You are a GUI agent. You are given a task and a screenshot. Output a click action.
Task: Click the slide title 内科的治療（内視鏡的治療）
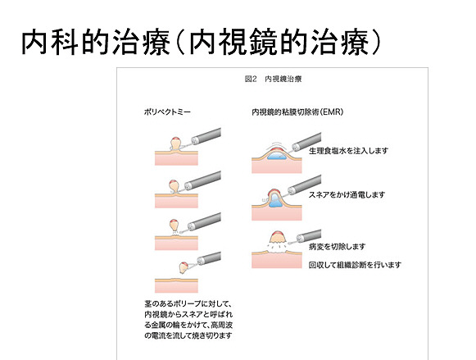click(x=201, y=42)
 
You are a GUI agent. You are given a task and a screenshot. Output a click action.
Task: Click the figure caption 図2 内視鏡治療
click(x=273, y=79)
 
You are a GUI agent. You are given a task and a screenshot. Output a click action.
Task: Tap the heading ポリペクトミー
click(x=167, y=112)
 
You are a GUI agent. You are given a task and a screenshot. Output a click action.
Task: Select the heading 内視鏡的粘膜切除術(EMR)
click(x=297, y=112)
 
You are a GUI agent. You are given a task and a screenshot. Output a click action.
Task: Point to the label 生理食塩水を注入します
click(x=348, y=151)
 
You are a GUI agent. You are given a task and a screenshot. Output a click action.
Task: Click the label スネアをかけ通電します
click(x=347, y=194)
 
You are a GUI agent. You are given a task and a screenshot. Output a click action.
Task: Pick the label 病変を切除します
click(x=337, y=247)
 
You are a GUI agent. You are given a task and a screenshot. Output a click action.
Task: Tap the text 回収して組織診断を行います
click(x=355, y=265)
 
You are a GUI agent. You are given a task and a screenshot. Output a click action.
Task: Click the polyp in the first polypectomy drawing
click(x=176, y=144)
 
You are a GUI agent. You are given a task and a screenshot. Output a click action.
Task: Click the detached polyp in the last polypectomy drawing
click(x=184, y=267)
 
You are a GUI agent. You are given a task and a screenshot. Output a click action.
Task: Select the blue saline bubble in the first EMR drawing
click(x=277, y=156)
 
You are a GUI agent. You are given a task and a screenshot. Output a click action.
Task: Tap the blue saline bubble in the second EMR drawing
click(x=275, y=201)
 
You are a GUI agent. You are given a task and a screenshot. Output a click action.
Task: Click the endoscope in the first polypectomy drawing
click(x=206, y=136)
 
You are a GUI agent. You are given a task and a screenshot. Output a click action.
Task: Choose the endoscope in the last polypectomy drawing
click(x=209, y=258)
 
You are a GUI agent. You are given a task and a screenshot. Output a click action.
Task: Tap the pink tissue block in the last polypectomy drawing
click(x=176, y=285)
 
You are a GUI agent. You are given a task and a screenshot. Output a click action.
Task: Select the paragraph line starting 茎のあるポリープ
click(x=188, y=303)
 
